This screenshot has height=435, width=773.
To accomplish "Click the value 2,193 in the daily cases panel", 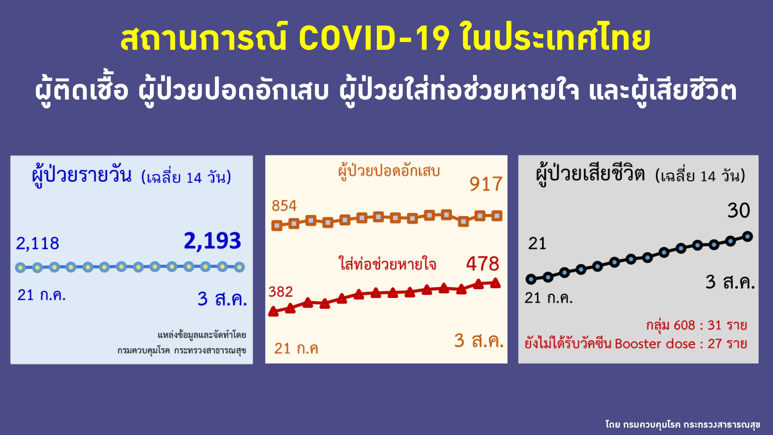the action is pyautogui.click(x=212, y=241).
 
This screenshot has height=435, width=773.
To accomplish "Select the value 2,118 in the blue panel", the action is pyautogui.click(x=37, y=243).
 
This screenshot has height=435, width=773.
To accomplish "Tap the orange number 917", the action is pyautogui.click(x=486, y=184).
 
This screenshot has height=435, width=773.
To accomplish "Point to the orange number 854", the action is pyautogui.click(x=284, y=206).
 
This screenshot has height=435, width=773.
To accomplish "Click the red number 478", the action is pyautogui.click(x=483, y=264).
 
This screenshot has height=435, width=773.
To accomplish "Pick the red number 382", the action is pyautogui.click(x=280, y=292).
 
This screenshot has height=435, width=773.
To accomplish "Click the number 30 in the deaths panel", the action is pyautogui.click(x=738, y=210).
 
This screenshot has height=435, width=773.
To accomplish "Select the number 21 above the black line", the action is pyautogui.click(x=537, y=243).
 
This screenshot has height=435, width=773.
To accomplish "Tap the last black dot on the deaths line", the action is pyautogui.click(x=748, y=237).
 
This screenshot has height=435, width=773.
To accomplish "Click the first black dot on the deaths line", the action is pyautogui.click(x=531, y=279).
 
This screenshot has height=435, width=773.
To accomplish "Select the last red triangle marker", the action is pyautogui.click(x=495, y=283).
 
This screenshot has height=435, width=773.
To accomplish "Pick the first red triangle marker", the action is pyautogui.click(x=273, y=311).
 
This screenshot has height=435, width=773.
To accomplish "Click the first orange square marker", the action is pyautogui.click(x=277, y=225).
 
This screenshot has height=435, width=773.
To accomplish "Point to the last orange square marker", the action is pyautogui.click(x=497, y=216).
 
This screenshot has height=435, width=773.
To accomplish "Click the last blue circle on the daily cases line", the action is pyautogui.click(x=239, y=267).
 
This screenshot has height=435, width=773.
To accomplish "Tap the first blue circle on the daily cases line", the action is pyautogui.click(x=20, y=267).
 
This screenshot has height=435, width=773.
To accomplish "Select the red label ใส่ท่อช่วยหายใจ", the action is pyautogui.click(x=387, y=263).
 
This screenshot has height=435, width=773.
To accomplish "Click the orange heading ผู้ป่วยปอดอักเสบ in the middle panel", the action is pyautogui.click(x=389, y=171).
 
